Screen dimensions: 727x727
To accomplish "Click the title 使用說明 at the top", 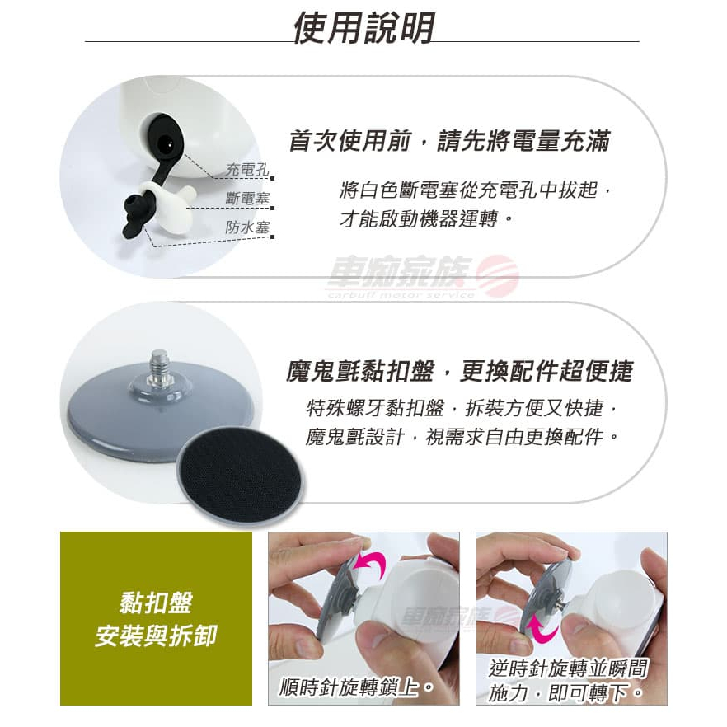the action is pos(364,28).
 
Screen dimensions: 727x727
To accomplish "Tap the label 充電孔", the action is pos(247,169).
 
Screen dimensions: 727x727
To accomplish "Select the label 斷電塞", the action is pos(247,199).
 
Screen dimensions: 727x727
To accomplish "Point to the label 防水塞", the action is pos(247,227).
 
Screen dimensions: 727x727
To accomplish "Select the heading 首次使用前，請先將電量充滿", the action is pos(449,142).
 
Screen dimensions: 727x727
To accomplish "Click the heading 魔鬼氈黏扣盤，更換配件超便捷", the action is pos(459,371).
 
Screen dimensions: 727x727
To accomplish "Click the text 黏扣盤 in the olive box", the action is pos(156,603).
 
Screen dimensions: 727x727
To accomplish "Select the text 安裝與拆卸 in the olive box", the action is pos(156,636).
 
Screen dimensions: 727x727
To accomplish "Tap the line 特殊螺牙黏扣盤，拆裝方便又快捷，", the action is pos(462,408).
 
